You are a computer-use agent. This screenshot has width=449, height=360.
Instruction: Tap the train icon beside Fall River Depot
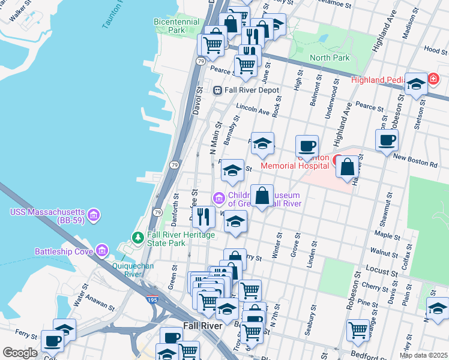[218, 90]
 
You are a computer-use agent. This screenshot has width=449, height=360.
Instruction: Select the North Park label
[329, 58]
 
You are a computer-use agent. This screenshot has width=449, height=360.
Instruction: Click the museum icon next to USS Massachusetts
[93, 214]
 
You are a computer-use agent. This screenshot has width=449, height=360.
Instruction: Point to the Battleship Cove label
[63, 251]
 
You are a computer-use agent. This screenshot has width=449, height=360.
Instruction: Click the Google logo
[19, 353]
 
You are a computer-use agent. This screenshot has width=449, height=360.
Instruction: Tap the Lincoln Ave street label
[253, 111]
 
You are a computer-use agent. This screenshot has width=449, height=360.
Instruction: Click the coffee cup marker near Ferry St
[53, 341]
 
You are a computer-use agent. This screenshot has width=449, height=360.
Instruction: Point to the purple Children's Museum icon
[218, 198]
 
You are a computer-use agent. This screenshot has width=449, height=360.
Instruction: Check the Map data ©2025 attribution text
[423, 355]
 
